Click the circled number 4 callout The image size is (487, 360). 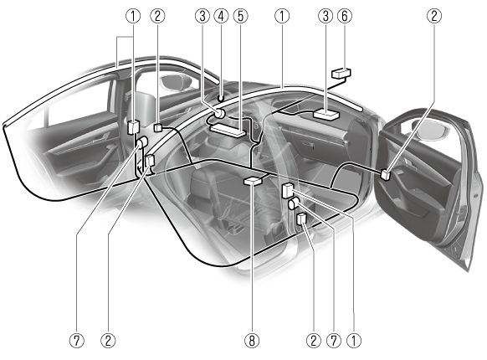pyautogui.click(x=221, y=16)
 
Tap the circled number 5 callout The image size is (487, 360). pyautogui.click(x=241, y=16)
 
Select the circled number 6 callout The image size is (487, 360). pyautogui.click(x=345, y=16)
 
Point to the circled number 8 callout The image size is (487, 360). pyautogui.click(x=252, y=341)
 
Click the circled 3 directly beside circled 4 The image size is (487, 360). pyautogui.click(x=202, y=16)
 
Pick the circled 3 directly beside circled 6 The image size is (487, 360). pyautogui.click(x=326, y=16)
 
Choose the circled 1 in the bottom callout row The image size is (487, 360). pyautogui.click(x=354, y=341)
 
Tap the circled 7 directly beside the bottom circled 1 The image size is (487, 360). pyautogui.click(x=334, y=341)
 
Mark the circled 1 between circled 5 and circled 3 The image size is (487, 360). pyautogui.click(x=282, y=16)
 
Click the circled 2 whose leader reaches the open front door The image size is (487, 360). pyautogui.click(x=434, y=16)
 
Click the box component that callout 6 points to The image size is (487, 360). pyautogui.click(x=341, y=74)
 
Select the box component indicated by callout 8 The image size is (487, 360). pyautogui.click(x=254, y=181)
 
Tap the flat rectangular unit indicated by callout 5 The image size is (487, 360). pyautogui.click(x=228, y=130)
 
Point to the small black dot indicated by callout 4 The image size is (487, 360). pyautogui.click(x=221, y=99)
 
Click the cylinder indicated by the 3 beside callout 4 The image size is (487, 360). pyautogui.click(x=220, y=113)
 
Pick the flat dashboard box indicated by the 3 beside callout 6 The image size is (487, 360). pyautogui.click(x=326, y=114)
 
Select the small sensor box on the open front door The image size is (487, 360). pyautogui.click(x=386, y=174)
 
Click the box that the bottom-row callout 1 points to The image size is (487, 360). pyautogui.click(x=288, y=191)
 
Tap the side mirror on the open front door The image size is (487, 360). pyautogui.click(x=432, y=129)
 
